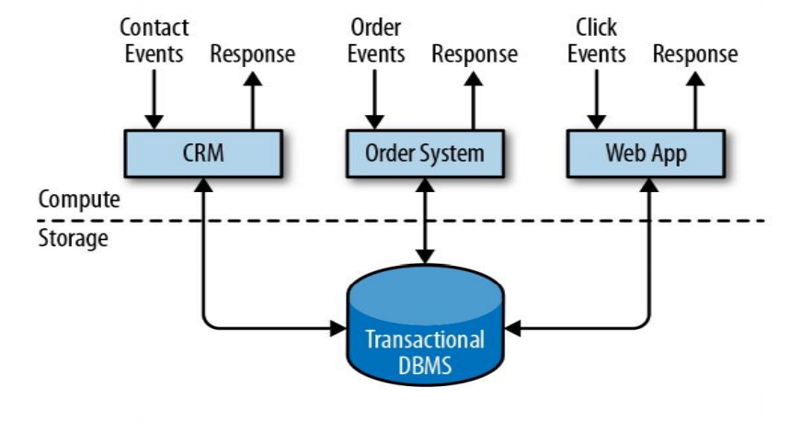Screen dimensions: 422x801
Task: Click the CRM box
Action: click(x=201, y=153)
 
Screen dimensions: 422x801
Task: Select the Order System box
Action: click(x=424, y=153)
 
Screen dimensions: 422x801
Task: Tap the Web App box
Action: click(x=645, y=153)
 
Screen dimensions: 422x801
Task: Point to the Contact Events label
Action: click(x=154, y=40)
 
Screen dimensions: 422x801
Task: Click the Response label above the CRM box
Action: click(x=253, y=53)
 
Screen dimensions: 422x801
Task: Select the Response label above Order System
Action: click(x=475, y=53)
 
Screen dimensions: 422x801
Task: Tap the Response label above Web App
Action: click(x=695, y=53)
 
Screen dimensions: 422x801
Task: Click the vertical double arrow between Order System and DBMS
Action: click(x=424, y=221)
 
